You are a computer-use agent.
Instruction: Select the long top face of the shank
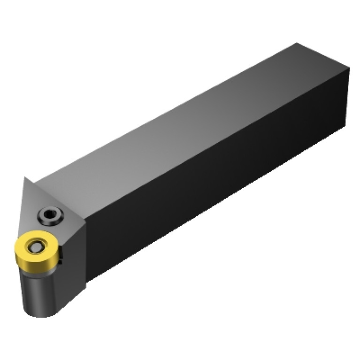pyautogui.click(x=188, y=117)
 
